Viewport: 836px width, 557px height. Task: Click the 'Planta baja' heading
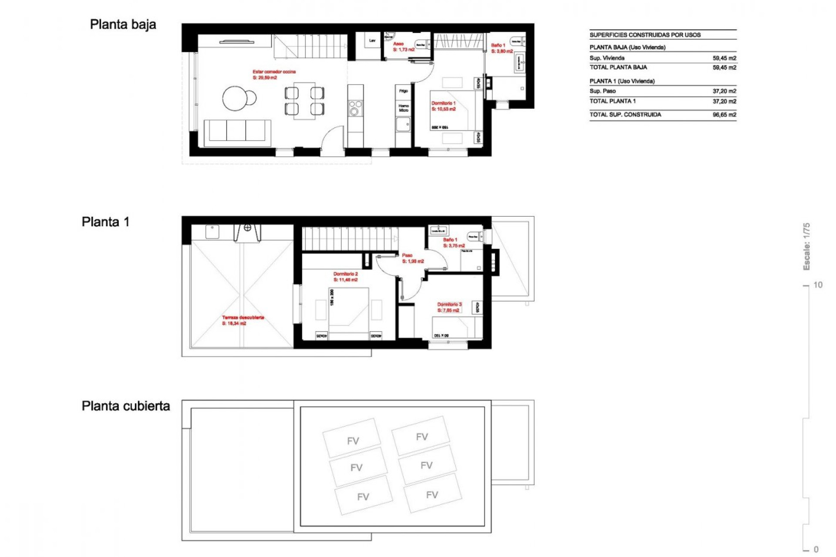[123, 24]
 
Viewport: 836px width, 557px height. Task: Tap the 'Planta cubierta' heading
[125, 406]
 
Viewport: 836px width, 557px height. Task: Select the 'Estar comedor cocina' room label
[274, 72]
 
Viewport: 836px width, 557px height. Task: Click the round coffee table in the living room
[236, 98]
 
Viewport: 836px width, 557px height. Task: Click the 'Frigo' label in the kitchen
[403, 91]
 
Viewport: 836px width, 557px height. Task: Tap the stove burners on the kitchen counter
[355, 108]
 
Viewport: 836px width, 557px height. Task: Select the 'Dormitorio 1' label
[443, 104]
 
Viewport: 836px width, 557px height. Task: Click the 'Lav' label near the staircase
[372, 41]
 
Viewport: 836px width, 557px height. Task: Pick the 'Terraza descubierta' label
[243, 318]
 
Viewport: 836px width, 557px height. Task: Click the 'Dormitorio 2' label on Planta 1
[345, 274]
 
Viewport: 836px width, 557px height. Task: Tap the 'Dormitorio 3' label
[449, 305]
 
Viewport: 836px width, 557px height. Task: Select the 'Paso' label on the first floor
[407, 255]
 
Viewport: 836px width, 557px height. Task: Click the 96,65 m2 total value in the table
[724, 115]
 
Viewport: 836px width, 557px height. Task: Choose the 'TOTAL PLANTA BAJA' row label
[618, 67]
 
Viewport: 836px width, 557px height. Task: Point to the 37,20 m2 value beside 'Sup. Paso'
[724, 91]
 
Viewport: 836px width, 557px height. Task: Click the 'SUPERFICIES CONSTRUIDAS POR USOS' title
[645, 35]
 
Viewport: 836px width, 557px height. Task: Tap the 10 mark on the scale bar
[817, 285]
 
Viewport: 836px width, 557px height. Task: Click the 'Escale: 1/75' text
[806, 246]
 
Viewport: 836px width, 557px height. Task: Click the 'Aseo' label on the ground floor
[398, 44]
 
